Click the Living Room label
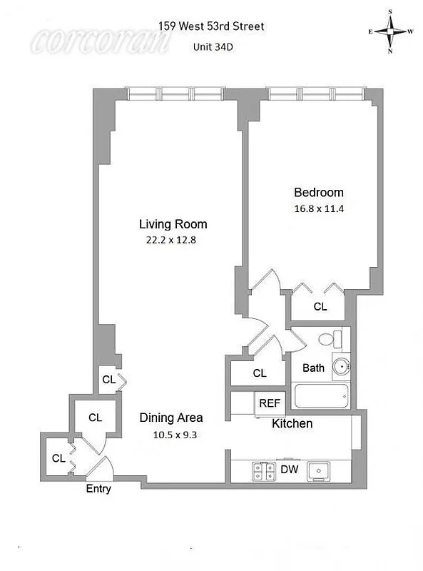[173, 224]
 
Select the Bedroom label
[319, 192]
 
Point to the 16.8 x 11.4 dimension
[319, 209]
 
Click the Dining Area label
[170, 418]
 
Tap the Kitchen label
[292, 424]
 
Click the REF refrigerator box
[269, 403]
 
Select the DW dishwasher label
[289, 470]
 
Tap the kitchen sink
[316, 470]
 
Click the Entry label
[98, 489]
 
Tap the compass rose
[390, 31]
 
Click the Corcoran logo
[100, 41]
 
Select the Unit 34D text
[214, 48]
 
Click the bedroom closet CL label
[320, 307]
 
